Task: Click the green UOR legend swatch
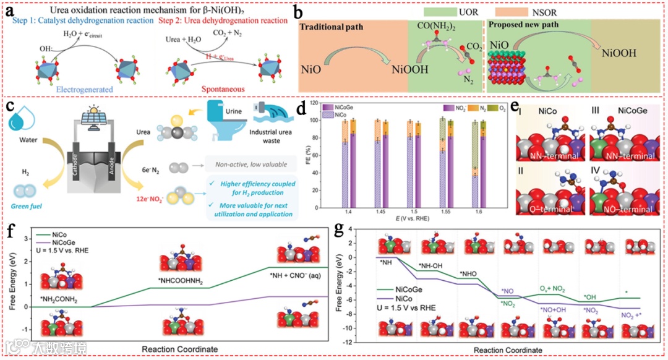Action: click(439, 11)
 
